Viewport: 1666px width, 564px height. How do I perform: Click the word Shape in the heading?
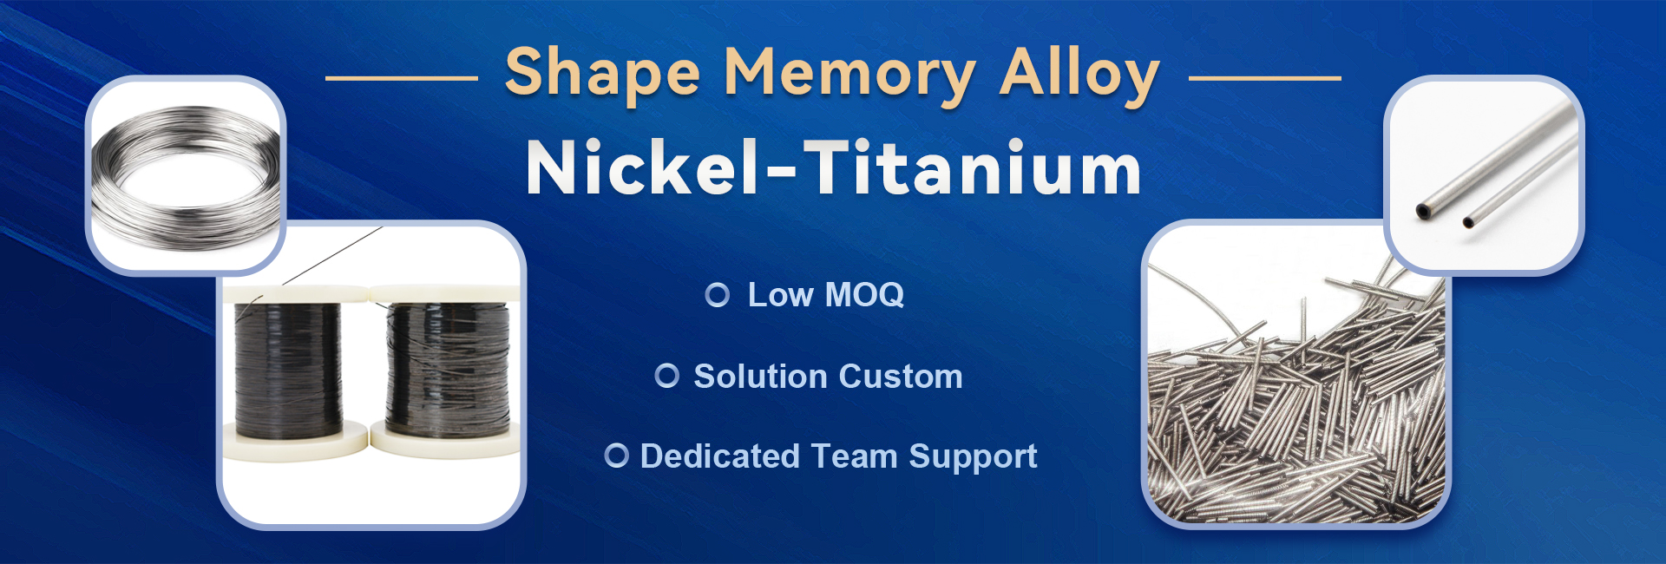pos(602,74)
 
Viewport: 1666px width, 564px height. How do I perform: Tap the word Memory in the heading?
pos(849,74)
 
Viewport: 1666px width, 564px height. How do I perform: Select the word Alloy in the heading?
pos(1079,74)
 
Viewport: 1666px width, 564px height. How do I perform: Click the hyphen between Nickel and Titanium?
pos(782,174)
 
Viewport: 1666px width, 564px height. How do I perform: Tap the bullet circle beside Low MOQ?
pos(718,295)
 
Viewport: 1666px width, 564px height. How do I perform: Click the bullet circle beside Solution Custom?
pos(667,376)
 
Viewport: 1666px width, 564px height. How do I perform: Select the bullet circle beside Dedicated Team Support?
pos(616,456)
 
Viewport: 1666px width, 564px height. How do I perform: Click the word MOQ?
pos(864,295)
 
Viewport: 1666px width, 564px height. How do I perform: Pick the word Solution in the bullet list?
pos(761,377)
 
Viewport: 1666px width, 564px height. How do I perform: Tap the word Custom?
pos(901,377)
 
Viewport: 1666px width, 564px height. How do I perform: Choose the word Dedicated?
pos(719,456)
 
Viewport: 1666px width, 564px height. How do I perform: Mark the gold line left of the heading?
pos(401,78)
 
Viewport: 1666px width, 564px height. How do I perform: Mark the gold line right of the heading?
pos(1264,78)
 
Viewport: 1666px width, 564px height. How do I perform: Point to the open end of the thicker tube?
pos(1423,210)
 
